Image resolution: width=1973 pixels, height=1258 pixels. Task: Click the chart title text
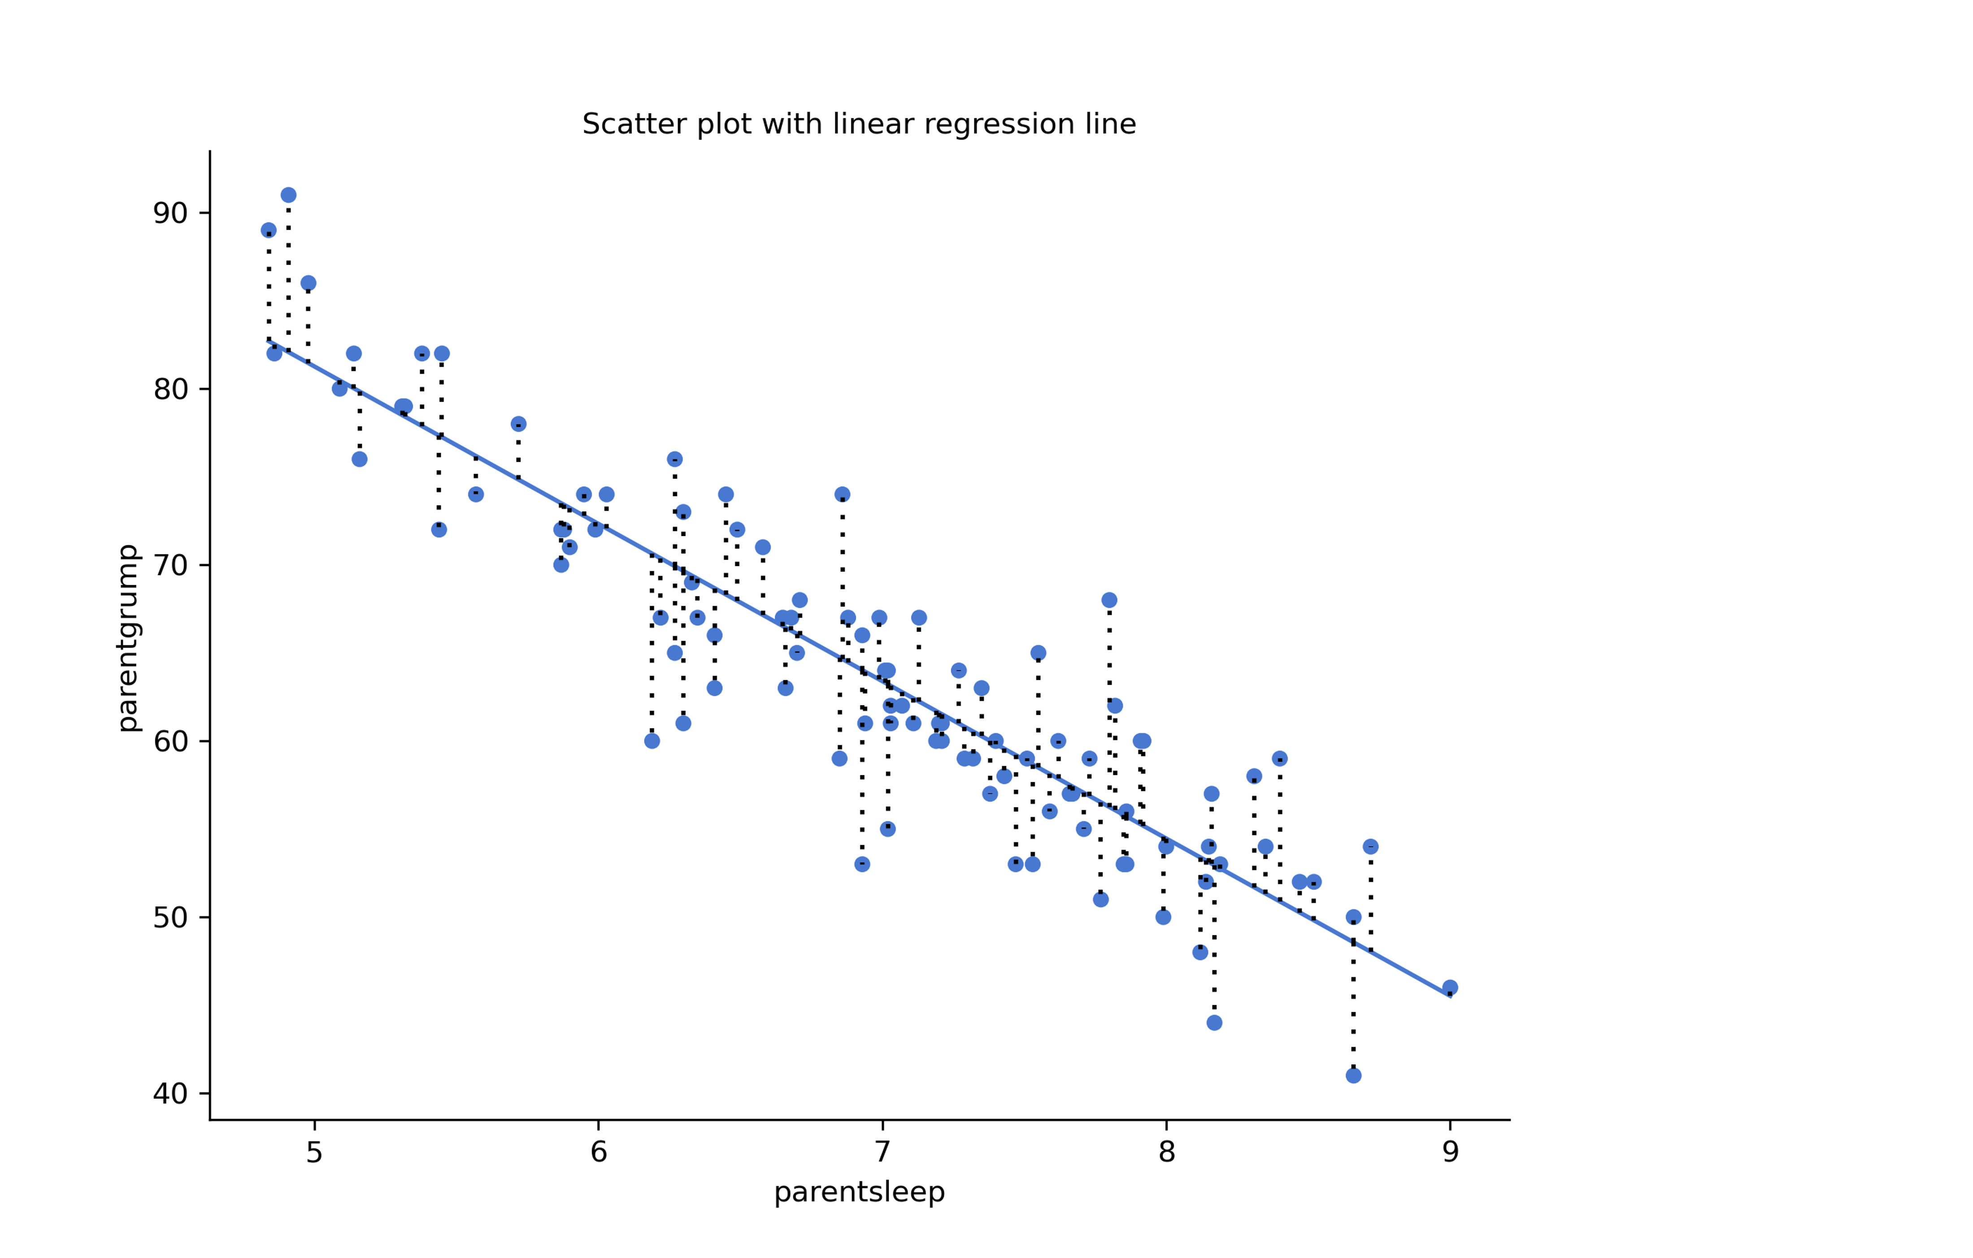[859, 125]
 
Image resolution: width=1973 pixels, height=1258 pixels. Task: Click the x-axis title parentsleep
[859, 1192]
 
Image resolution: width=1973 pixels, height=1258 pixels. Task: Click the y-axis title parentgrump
[129, 638]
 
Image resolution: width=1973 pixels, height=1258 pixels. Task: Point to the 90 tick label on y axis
[170, 213]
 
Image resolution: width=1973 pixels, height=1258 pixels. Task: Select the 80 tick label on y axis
[170, 389]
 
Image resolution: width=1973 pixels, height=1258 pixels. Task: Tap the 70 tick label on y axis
[170, 566]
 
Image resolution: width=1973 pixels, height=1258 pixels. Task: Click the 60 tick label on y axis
[170, 742]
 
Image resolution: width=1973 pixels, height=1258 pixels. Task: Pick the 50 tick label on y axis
[170, 918]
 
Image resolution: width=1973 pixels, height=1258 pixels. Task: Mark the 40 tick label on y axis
[170, 1094]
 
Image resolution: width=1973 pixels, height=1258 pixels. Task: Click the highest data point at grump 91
[288, 195]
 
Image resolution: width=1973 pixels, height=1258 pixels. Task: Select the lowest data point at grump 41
[1354, 1075]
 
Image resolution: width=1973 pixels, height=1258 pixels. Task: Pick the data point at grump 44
[1214, 1023]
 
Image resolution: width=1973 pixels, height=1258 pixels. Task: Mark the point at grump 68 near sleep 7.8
[1109, 600]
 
